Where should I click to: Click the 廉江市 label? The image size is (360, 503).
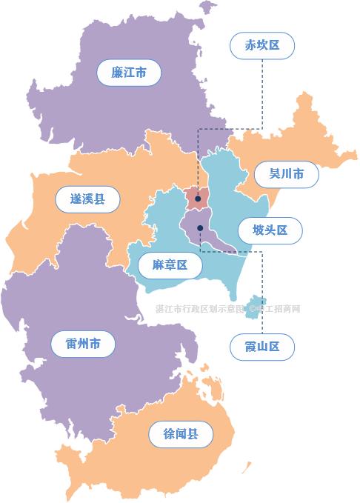coord(129,73)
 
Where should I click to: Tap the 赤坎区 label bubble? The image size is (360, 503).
coord(262,45)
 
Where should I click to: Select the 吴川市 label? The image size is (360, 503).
coord(286,175)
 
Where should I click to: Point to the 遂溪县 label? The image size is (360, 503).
coord(87,199)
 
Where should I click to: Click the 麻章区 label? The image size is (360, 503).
coord(170,264)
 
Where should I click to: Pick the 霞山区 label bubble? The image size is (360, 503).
coord(262,346)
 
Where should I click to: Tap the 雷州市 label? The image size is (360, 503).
coord(83,343)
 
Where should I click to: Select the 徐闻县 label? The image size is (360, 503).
coord(181,433)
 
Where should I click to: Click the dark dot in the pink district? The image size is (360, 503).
coord(198,199)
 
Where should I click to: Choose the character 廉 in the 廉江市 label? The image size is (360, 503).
coord(117,73)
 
